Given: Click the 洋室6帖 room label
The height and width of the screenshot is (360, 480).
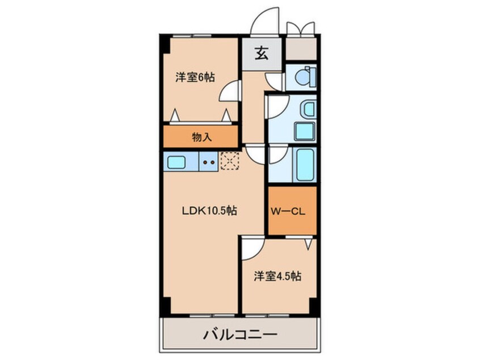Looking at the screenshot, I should pyautogui.click(x=195, y=78).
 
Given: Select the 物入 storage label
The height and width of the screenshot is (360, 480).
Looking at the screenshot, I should pyautogui.click(x=201, y=137).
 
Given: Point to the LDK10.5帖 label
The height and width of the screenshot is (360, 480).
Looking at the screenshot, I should pyautogui.click(x=209, y=211).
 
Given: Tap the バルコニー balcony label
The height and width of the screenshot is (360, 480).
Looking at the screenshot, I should pyautogui.click(x=240, y=334).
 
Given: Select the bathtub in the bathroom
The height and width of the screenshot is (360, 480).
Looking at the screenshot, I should pyautogui.click(x=304, y=164).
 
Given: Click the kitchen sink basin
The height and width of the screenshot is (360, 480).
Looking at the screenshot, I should pyautogui.click(x=177, y=162).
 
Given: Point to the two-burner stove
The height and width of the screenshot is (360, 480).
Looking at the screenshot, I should pyautogui.click(x=208, y=162).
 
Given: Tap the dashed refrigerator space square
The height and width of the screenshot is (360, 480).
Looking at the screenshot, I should pyautogui.click(x=230, y=161).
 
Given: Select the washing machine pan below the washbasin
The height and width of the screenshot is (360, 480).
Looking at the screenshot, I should pyautogui.click(x=304, y=131).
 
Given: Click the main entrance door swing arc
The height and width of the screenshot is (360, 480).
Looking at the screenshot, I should pyautogui.click(x=266, y=22).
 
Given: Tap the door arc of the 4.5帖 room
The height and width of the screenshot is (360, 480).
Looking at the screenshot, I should pyautogui.click(x=252, y=246).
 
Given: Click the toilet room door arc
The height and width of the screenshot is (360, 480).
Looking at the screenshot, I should pyautogui.click(x=274, y=82).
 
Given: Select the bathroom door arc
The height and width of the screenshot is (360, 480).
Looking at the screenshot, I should pyautogui.click(x=278, y=154).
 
